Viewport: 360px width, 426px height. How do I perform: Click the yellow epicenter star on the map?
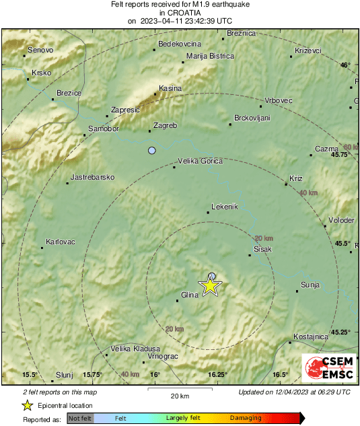211,286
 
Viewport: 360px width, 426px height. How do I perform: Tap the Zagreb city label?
165,126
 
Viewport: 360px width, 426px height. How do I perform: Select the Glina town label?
190,294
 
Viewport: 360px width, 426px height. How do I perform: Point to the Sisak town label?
262,249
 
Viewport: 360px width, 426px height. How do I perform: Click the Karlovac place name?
60,242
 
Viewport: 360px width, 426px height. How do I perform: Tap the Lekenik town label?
225,207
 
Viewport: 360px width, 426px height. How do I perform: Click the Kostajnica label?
311,336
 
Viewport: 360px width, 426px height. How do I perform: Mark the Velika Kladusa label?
135,349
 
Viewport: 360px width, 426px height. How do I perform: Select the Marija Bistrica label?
209,56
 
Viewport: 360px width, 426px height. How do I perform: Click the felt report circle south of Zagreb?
152,150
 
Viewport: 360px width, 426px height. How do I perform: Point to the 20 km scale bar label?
179,396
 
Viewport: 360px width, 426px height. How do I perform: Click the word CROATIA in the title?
179,12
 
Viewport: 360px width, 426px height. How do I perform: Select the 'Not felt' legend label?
80,419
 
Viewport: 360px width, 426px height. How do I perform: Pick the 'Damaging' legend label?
246,419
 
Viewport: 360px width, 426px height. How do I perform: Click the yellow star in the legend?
28,405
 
